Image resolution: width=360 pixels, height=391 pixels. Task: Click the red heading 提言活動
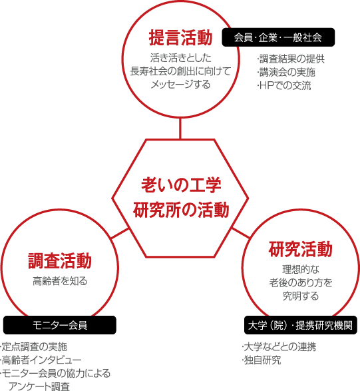click(180, 38)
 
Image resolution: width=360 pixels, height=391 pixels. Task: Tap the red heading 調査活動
click(60, 261)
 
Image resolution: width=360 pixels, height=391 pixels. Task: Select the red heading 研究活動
click(301, 249)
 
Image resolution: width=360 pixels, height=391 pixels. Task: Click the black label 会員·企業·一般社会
click(278, 37)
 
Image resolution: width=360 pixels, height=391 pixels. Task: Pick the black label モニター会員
click(60, 325)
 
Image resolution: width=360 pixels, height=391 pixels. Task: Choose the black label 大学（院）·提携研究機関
click(301, 325)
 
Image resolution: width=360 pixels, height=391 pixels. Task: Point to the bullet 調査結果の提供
click(291, 59)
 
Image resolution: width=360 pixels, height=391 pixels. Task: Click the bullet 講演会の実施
click(286, 73)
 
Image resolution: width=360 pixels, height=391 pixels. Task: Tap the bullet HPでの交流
click(284, 85)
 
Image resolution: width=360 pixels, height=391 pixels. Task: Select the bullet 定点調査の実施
click(34, 346)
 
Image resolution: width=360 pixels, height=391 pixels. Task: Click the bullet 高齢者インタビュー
click(41, 360)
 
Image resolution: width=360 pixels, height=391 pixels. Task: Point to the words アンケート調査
click(39, 386)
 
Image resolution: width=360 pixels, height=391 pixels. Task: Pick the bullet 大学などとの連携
click(279, 346)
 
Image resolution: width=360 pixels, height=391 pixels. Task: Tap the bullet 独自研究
click(262, 360)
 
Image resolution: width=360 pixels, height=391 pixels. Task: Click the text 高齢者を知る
click(60, 281)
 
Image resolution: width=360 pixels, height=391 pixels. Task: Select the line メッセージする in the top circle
click(180, 85)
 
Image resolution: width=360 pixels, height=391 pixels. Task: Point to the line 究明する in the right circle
click(301, 296)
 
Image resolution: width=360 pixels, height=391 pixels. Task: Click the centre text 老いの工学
click(181, 185)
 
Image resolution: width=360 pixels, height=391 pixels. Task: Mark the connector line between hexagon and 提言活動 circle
click(180, 128)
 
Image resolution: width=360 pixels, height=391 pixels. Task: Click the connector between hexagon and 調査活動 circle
click(120, 233)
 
